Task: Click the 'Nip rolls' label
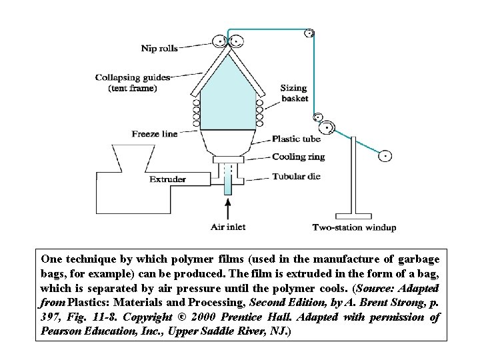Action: tap(159, 47)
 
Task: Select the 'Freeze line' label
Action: tap(155, 134)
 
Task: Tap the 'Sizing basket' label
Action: tap(294, 93)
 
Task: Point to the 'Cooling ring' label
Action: tap(299, 157)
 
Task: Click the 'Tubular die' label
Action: tap(297, 177)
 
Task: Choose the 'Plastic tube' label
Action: tap(296, 139)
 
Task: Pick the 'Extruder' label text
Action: tap(167, 179)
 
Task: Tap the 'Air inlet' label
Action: tap(229, 227)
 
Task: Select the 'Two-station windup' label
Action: tap(354, 227)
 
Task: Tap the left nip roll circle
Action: tap(221, 40)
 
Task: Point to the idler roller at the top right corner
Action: tap(309, 33)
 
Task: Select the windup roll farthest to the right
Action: tap(385, 157)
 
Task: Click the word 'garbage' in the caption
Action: tap(417, 257)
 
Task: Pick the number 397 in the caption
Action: tap(52, 317)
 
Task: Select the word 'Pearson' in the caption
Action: tap(61, 331)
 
